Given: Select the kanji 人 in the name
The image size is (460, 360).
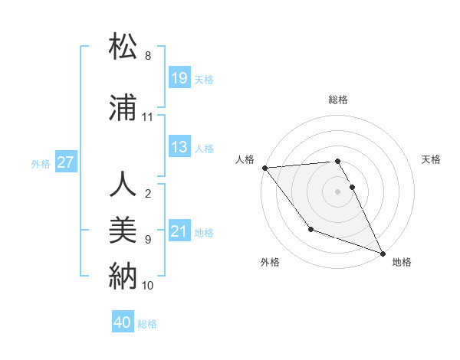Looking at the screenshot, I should (123, 185).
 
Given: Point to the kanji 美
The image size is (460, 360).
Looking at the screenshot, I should (123, 229).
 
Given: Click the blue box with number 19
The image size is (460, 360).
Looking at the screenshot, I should (179, 78).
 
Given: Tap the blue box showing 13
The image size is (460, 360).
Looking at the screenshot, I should (179, 147).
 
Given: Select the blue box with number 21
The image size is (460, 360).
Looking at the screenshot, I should (179, 231).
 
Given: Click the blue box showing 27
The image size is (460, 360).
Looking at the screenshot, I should (66, 162).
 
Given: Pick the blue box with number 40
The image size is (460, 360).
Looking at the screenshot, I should (123, 322).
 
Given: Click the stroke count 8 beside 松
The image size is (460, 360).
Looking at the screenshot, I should (148, 56).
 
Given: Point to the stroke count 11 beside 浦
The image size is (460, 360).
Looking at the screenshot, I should (148, 117).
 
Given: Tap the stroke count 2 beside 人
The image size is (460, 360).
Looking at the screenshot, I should (148, 194).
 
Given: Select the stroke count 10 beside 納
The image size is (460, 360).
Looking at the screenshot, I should (148, 285).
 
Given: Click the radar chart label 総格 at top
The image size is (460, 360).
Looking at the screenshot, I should (338, 100).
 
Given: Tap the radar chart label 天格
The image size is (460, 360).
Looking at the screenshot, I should (431, 159).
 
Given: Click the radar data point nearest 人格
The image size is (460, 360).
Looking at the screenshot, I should (264, 168).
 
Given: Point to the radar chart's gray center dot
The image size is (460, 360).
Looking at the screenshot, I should (337, 191).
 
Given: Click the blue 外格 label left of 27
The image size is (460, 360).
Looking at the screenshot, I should (41, 163).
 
